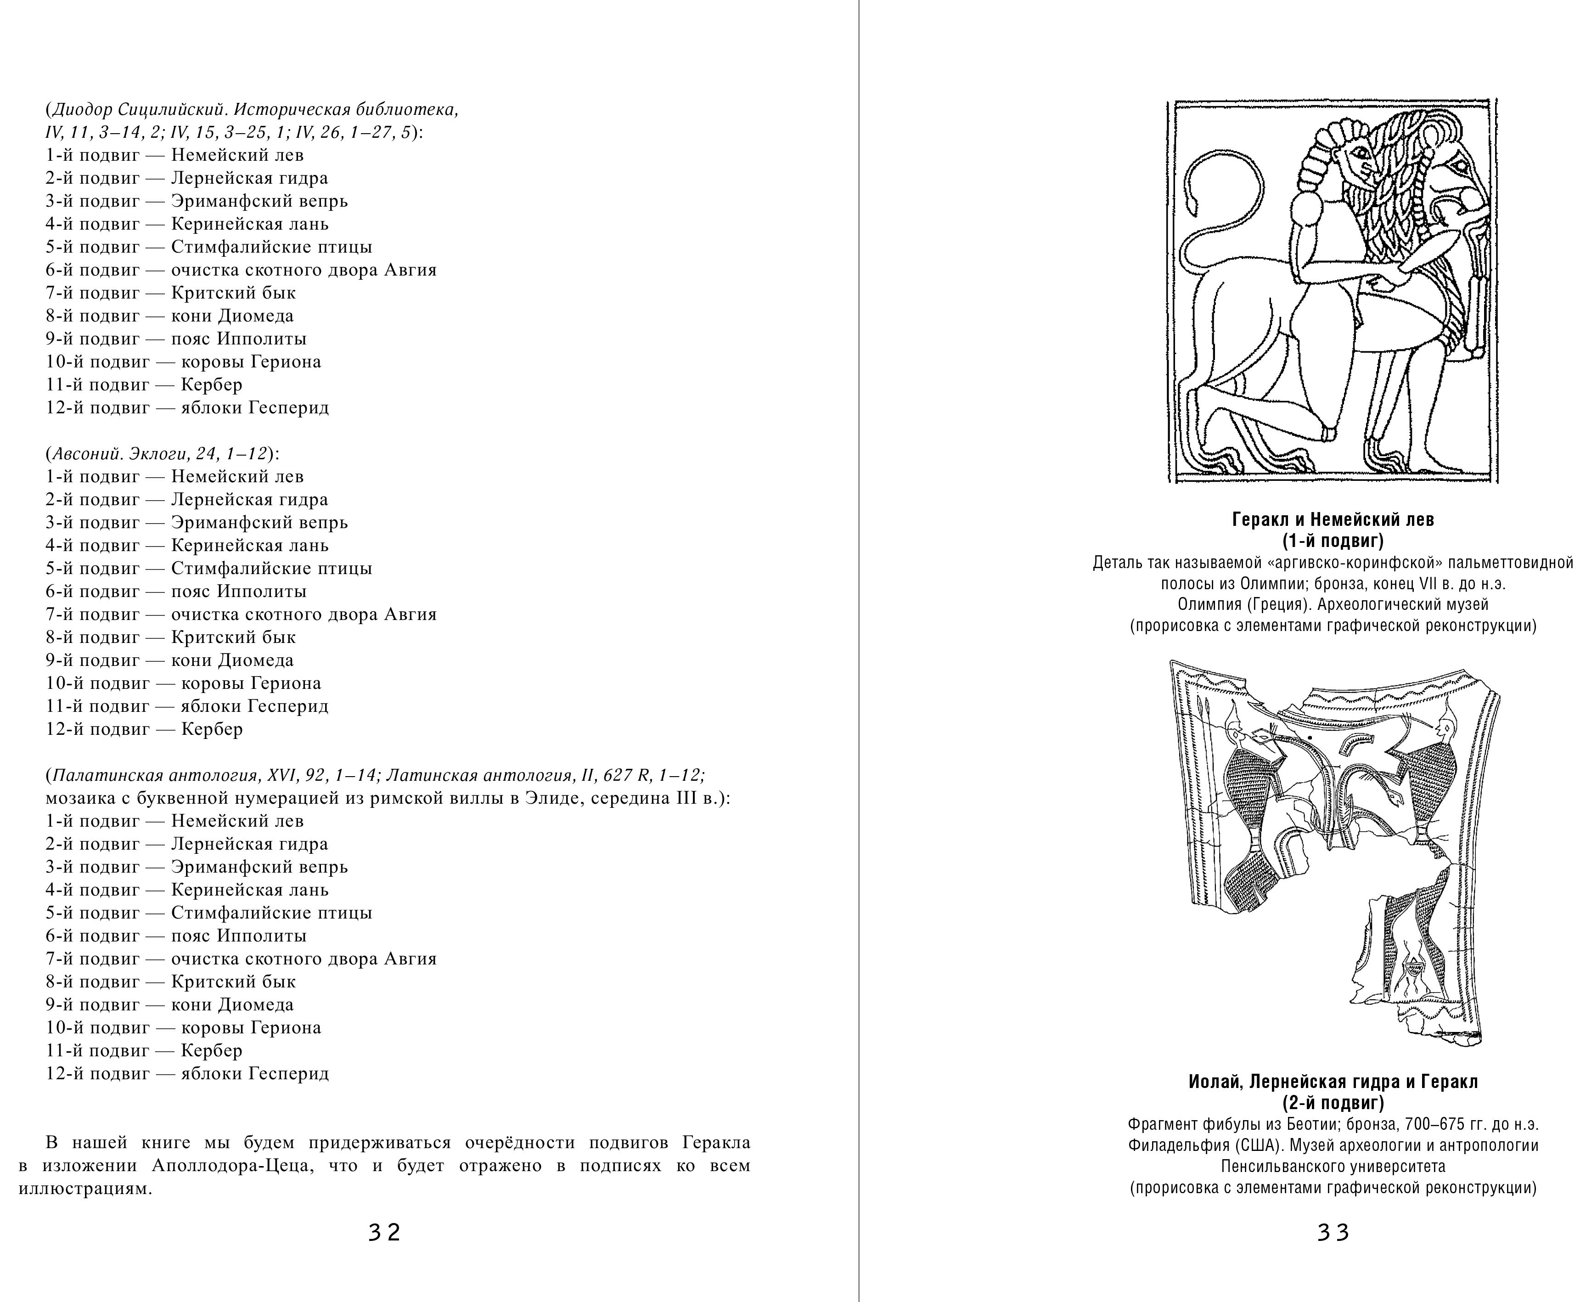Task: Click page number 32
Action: tap(384, 1232)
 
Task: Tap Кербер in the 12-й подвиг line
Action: tap(212, 729)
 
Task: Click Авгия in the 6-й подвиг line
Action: tap(410, 270)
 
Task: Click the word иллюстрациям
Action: tap(85, 1189)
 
